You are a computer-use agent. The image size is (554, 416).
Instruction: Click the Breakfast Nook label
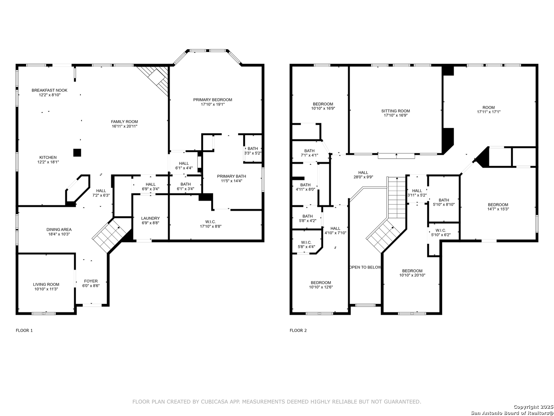point(50,90)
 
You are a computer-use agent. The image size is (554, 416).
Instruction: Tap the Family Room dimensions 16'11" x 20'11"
point(124,126)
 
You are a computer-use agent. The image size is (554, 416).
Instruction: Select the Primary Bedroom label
point(212,100)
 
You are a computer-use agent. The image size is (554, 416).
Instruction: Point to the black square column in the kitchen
point(77,153)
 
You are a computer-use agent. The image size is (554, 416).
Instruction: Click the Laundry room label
point(150,218)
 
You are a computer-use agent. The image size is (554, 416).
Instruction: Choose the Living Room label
point(46,284)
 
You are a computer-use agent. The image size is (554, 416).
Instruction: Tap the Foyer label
point(91,281)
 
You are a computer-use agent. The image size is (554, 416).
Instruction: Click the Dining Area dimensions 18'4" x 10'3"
point(59,234)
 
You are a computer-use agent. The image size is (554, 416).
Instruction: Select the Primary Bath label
point(232,176)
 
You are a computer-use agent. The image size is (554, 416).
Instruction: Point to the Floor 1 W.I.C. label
point(210,222)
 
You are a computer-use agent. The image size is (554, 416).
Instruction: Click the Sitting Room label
point(395,111)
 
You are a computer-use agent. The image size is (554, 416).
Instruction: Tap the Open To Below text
point(365,267)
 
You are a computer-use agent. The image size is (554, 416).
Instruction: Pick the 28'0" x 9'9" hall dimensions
point(363,177)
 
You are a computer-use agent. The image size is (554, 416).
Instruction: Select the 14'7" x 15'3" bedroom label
point(498,205)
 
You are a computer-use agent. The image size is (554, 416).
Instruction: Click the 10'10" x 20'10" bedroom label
point(412,271)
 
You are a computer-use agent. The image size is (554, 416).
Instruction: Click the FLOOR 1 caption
point(24,330)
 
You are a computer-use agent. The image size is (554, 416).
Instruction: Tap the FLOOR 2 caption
point(298,330)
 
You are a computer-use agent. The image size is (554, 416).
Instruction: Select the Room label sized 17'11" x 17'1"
point(489,107)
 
